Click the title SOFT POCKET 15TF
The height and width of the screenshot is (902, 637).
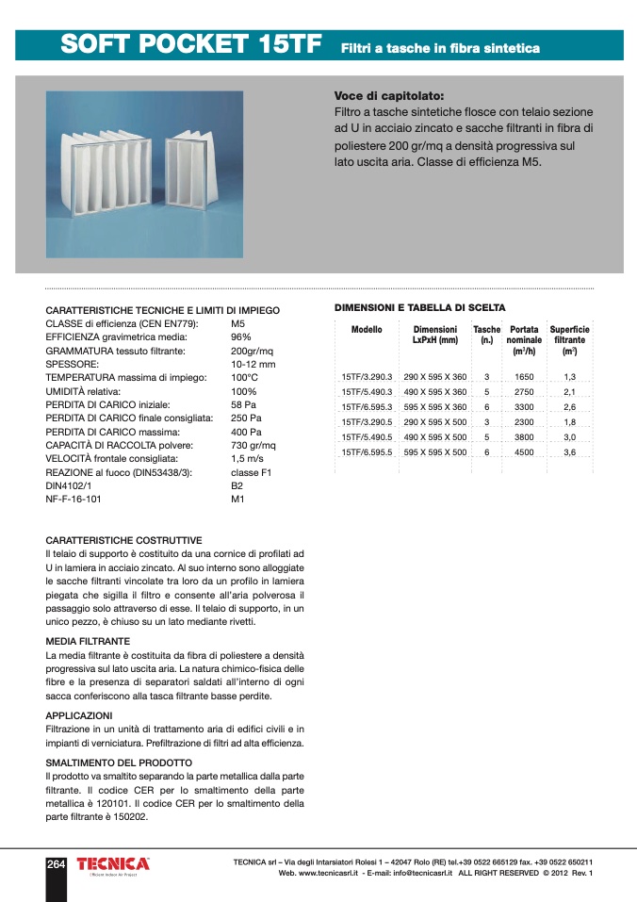pos(191,45)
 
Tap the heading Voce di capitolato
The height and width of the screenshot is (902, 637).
pos(388,96)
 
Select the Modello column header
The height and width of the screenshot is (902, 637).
pos(367,330)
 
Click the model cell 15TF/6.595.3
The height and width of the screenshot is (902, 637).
pos(367,406)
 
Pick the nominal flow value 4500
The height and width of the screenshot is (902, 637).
pos(524,452)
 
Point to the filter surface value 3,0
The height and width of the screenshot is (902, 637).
pos(569,437)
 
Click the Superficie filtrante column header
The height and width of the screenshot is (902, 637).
pos(569,340)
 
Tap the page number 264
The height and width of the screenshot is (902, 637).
pos(57,864)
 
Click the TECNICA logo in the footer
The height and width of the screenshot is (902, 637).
pos(112,864)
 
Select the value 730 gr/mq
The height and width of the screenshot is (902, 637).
pos(253,445)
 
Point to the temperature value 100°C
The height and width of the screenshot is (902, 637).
pos(244,377)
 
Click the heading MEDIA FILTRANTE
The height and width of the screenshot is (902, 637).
pos(88,641)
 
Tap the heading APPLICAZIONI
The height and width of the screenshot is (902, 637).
pos(79,715)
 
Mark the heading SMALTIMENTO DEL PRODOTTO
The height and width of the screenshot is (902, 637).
pos(119,763)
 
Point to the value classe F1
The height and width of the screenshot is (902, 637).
pos(251,472)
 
